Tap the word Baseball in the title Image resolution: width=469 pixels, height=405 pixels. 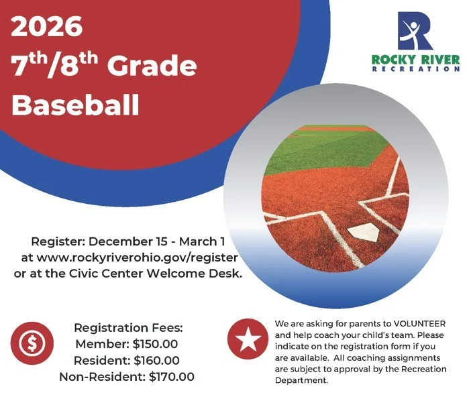pos(76,105)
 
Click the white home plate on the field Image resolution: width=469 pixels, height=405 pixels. pos(366,233)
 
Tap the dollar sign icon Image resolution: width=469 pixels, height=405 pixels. pos(30,344)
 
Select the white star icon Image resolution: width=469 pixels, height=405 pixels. pos(248,340)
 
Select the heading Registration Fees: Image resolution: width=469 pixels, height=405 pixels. pos(128,329)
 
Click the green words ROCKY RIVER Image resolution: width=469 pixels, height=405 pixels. pos(416,60)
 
